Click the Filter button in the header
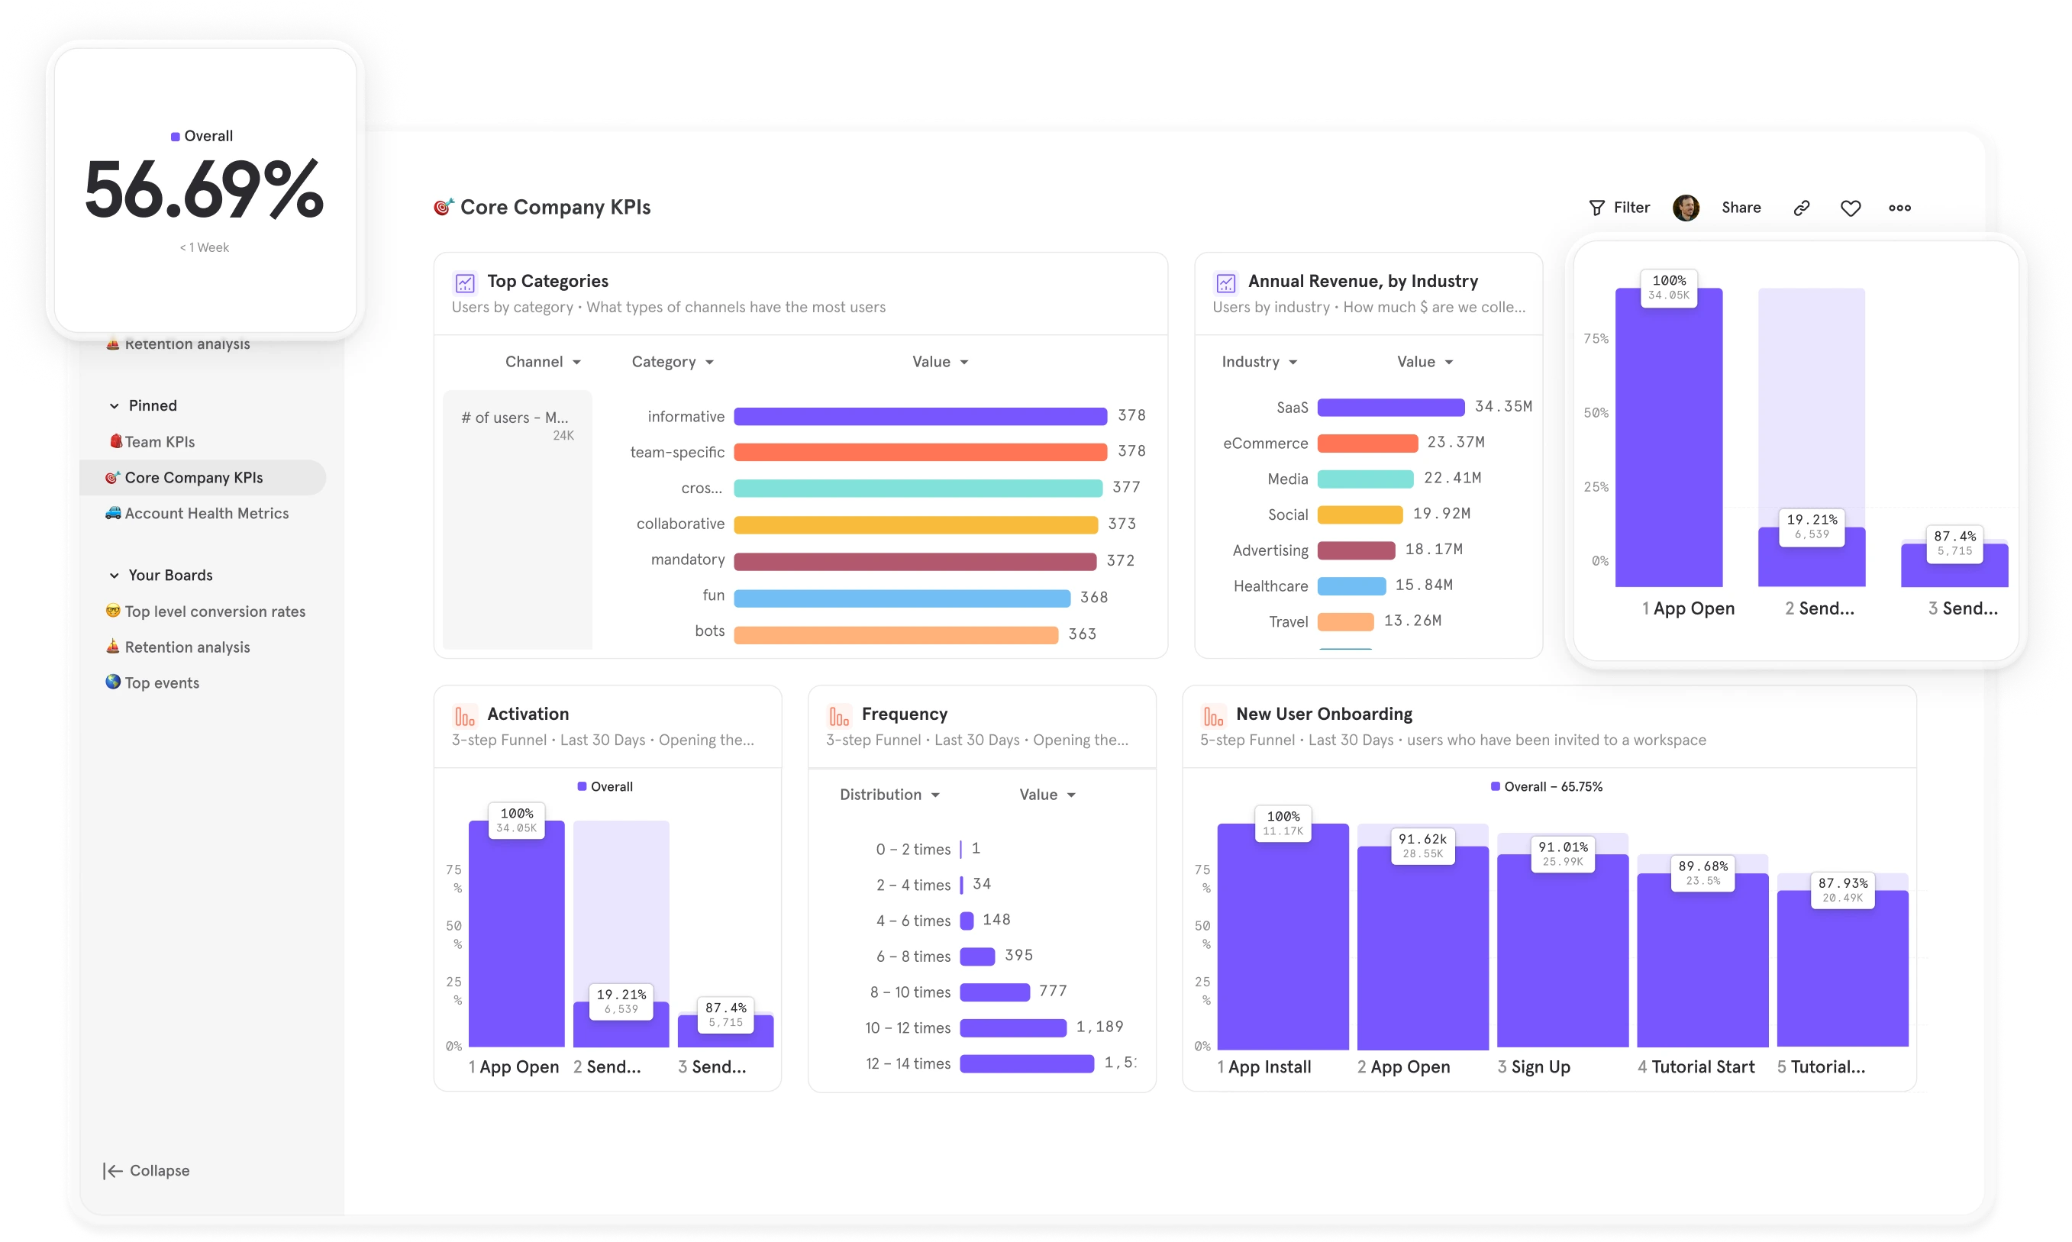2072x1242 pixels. point(1619,208)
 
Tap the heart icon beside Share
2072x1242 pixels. point(1851,208)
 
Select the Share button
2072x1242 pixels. point(1741,208)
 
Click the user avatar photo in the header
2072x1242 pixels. point(1686,208)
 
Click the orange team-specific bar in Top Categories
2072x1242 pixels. point(920,452)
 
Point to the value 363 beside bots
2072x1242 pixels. point(1082,634)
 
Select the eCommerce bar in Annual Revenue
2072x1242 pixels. point(1367,443)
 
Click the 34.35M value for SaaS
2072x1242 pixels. point(1503,406)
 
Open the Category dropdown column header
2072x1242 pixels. point(672,362)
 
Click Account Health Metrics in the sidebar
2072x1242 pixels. point(206,513)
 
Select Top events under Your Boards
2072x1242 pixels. point(162,683)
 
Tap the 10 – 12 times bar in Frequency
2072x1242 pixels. point(1012,1027)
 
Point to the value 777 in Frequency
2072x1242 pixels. point(1053,991)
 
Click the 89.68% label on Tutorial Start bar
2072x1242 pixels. point(1702,866)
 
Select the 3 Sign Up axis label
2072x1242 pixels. point(1533,1067)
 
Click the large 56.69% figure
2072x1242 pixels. point(204,190)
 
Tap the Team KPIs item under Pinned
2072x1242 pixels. point(159,442)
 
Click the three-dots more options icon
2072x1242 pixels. point(1899,208)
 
